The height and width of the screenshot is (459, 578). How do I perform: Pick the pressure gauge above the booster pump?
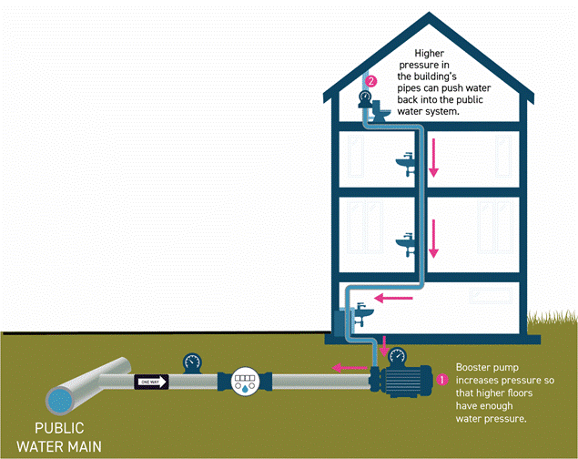point(401,352)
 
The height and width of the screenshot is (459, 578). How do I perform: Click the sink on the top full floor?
point(406,162)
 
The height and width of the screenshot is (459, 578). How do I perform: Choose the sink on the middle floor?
point(406,242)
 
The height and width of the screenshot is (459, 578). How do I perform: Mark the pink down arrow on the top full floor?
point(434,160)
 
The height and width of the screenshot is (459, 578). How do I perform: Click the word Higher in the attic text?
point(431,54)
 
